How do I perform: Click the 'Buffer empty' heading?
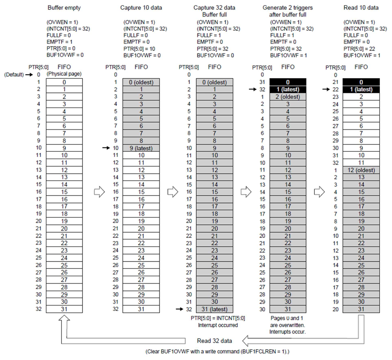click(x=64, y=8)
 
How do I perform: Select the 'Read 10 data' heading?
click(x=361, y=8)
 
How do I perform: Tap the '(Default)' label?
click(x=14, y=75)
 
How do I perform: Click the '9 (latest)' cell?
click(x=141, y=148)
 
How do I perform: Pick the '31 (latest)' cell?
click(x=214, y=309)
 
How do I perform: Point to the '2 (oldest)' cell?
click(x=288, y=97)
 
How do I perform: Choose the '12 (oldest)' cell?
click(x=361, y=170)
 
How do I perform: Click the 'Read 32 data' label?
click(x=214, y=341)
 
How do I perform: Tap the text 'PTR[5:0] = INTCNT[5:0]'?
click(x=218, y=318)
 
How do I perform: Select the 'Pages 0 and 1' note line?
click(x=287, y=318)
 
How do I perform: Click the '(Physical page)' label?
click(x=64, y=74)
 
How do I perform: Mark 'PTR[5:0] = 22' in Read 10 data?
click(x=359, y=49)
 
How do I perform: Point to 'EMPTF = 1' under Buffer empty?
click(x=60, y=42)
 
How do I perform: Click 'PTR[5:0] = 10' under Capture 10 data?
click(x=139, y=49)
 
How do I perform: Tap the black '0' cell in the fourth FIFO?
click(x=288, y=82)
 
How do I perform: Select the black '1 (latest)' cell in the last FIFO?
click(x=361, y=89)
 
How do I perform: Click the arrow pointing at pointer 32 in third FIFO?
click(x=179, y=309)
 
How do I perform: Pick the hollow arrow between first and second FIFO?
click(x=99, y=192)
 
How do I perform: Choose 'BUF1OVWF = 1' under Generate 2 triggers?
click(x=289, y=55)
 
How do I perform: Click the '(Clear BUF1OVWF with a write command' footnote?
click(x=217, y=352)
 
